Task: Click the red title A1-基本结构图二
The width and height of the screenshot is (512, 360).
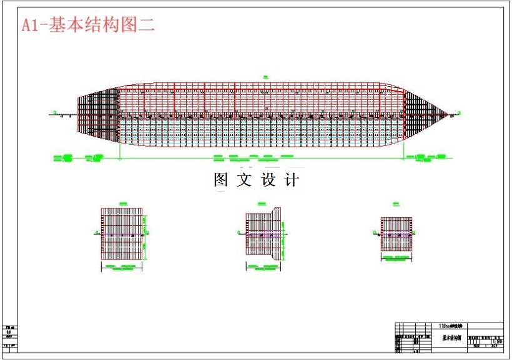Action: (88, 25)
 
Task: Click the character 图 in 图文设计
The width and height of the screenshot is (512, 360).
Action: (222, 180)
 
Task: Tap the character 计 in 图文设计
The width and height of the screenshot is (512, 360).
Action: (292, 180)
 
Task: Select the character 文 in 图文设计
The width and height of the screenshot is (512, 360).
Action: (245, 180)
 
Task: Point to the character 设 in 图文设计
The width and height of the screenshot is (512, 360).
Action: (268, 180)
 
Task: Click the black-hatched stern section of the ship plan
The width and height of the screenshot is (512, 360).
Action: (100, 115)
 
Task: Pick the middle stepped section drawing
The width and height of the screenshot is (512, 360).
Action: (262, 233)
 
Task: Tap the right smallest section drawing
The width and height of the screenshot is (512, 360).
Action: (396, 233)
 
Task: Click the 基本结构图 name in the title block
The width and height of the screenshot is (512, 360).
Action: (452, 338)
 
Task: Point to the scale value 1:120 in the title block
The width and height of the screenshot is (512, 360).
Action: (498, 342)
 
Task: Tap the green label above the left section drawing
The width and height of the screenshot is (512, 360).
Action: (122, 202)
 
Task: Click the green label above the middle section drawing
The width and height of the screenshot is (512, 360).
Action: (261, 203)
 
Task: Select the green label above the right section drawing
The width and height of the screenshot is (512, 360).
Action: (396, 203)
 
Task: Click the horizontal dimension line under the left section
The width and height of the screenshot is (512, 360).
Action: (122, 269)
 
